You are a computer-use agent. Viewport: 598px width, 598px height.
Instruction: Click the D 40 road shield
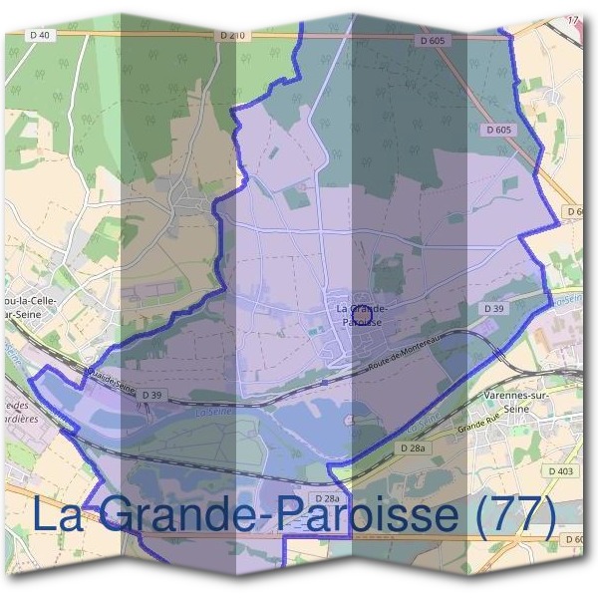click(x=40, y=36)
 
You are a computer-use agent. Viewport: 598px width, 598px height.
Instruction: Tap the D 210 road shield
click(x=229, y=36)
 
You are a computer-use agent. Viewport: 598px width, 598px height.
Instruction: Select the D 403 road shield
click(x=561, y=470)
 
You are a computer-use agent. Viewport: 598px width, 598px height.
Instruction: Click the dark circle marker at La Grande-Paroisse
click(x=362, y=315)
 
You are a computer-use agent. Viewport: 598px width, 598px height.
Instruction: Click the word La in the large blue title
click(x=61, y=514)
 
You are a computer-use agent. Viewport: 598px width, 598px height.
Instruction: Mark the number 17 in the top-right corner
click(x=572, y=20)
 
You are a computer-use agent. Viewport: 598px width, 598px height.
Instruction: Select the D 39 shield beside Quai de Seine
click(x=150, y=396)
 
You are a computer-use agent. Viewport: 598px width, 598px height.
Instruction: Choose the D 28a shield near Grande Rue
click(x=413, y=449)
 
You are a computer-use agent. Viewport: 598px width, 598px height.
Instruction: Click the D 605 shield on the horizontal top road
click(x=433, y=40)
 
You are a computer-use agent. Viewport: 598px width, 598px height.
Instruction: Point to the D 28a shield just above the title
click(x=328, y=498)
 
